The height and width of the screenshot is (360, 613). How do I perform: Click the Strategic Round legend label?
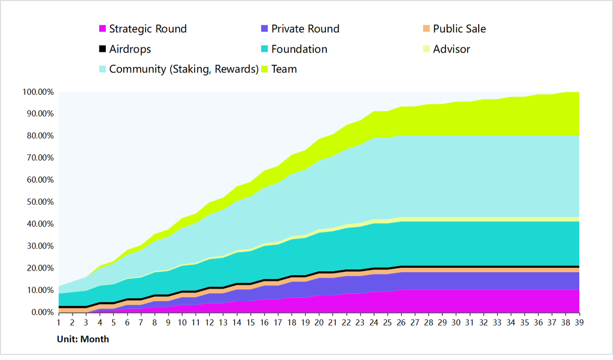(148, 29)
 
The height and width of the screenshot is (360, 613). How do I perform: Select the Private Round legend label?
(305, 29)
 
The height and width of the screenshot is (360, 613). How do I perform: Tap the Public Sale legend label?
(459, 29)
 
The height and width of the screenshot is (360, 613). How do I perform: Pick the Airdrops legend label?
(130, 50)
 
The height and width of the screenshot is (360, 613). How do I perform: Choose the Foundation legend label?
(299, 50)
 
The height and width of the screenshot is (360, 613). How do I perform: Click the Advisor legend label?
(452, 50)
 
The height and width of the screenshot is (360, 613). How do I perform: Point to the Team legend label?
(284, 69)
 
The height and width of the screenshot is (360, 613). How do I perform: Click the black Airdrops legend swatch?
(102, 50)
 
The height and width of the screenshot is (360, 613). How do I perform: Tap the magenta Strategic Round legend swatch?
(102, 29)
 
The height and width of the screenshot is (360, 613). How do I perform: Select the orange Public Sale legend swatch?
(427, 29)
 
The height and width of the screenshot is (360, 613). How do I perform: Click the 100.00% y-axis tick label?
(39, 92)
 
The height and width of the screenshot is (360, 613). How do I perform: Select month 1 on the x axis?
(59, 323)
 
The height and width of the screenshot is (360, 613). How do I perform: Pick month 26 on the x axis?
(401, 323)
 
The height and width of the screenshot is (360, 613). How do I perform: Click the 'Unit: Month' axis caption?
(83, 339)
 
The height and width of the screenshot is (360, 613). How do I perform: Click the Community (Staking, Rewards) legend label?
(183, 69)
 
